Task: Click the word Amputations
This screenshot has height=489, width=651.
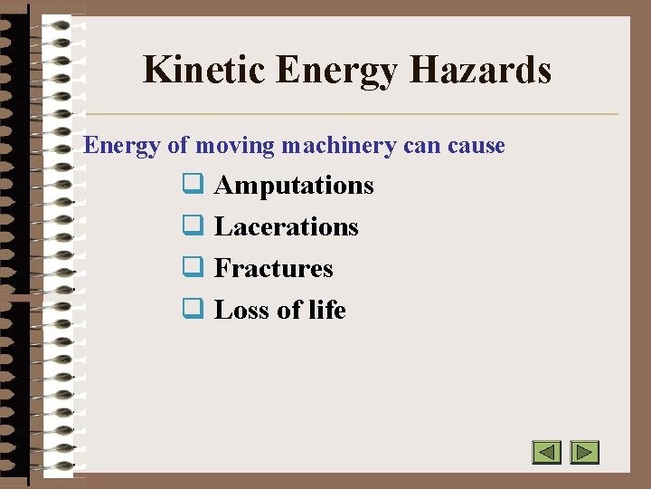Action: [294, 186]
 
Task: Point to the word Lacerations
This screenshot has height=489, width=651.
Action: [286, 227]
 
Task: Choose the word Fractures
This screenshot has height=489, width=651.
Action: [273, 269]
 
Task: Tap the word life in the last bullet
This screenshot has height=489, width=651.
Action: [326, 311]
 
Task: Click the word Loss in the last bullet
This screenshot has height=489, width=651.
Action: [242, 311]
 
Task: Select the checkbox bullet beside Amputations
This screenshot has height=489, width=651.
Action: [192, 185]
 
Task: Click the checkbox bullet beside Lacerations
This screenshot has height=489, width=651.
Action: [192, 226]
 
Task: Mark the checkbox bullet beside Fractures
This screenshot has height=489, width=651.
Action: [192, 268]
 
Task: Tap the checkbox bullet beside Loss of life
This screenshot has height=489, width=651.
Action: [192, 310]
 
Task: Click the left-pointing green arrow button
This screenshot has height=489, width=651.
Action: [546, 452]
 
